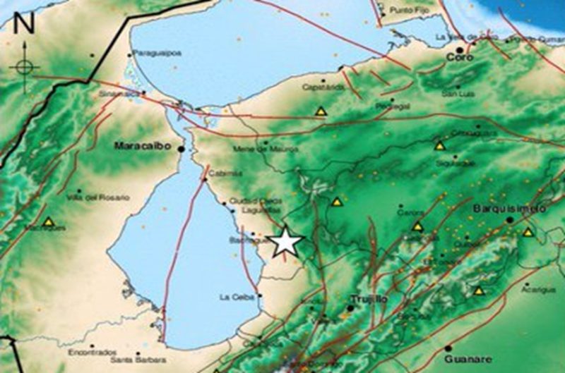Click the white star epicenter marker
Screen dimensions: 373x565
point(286,242)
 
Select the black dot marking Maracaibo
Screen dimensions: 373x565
point(182,149)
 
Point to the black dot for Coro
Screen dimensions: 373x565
point(460,50)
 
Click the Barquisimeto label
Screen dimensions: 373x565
point(509,209)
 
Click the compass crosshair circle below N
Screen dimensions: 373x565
point(24,68)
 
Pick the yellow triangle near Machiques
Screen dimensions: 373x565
point(48,222)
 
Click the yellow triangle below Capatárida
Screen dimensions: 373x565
point(321,111)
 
